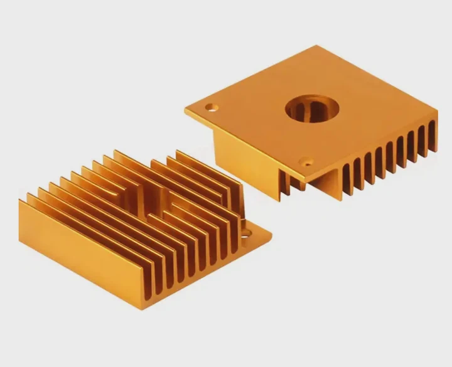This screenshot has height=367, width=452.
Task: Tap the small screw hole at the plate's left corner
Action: (212, 107)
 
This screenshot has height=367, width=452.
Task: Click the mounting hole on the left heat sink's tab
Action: (246, 233)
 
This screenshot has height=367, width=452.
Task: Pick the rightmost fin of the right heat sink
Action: (432, 138)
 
